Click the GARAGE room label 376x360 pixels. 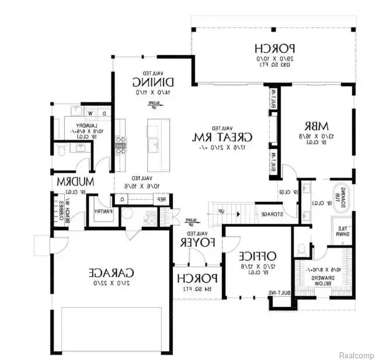(x=112, y=272)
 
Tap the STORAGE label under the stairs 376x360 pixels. (x=273, y=214)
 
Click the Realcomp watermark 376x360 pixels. (x=356, y=354)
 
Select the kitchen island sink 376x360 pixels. (x=155, y=142)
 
